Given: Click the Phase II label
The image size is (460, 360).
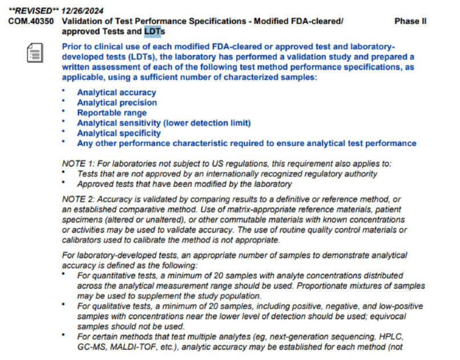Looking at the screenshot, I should pyautogui.click(x=410, y=21).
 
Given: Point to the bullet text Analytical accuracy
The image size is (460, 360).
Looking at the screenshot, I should pyautogui.click(x=116, y=92).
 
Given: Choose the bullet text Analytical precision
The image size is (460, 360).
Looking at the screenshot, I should pyautogui.click(x=117, y=103).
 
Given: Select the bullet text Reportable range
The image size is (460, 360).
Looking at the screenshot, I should pyautogui.click(x=112, y=113).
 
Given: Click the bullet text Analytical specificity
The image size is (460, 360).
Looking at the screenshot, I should pyautogui.click(x=119, y=134).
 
